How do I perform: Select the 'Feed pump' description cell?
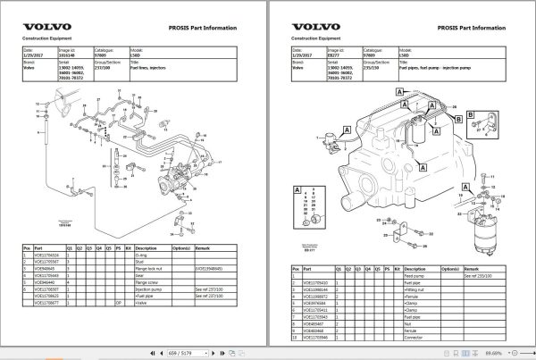[416, 276]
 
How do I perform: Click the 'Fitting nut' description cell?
[417, 290]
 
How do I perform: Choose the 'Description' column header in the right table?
[415, 268]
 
